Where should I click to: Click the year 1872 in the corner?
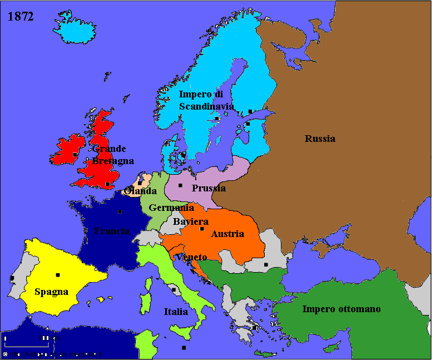point(21,17)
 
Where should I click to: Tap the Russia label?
point(320,139)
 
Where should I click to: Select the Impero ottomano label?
point(342,309)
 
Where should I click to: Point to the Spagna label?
point(51,292)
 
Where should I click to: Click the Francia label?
point(112,231)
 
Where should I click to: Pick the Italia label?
point(176,312)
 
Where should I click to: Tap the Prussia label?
point(209,188)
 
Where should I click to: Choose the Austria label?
point(227,234)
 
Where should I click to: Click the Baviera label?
point(191,222)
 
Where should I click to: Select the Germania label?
point(171,208)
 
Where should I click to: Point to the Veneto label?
point(193,257)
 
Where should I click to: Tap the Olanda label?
point(141,191)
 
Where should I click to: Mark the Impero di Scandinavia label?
point(206,100)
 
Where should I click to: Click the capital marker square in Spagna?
point(58,274)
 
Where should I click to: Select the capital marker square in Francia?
point(120,211)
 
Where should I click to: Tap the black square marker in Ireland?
point(75,154)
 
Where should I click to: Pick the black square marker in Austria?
point(202,229)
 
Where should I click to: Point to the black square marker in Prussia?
point(180,185)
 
